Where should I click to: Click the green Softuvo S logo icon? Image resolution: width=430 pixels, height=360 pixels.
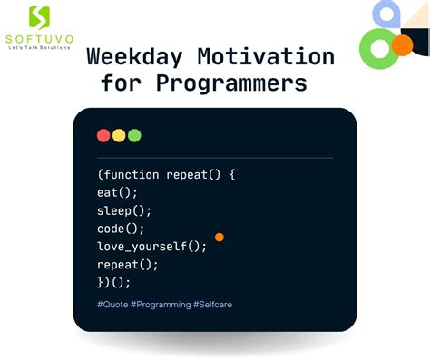tap(39, 16)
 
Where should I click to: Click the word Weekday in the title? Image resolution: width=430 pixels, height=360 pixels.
tap(126, 56)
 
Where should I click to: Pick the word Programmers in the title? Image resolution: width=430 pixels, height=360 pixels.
tap(230, 83)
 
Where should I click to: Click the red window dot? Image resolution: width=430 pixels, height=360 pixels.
tap(103, 135)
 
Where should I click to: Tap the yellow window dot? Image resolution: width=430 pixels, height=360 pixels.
tap(119, 135)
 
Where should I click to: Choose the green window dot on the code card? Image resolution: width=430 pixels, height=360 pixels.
tap(134, 135)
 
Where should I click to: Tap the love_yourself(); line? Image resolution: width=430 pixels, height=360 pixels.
tap(151, 247)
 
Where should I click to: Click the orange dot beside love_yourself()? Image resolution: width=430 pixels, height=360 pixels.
tap(220, 237)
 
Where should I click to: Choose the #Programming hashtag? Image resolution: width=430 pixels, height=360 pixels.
tap(160, 305)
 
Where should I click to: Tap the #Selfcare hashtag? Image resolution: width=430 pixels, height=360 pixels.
tap(212, 305)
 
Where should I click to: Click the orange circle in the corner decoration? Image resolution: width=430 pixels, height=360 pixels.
tap(402, 44)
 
